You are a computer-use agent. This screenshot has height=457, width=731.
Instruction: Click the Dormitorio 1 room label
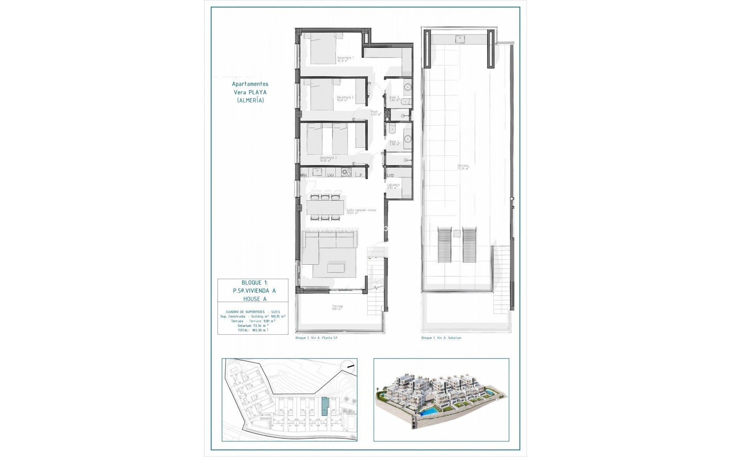pyautogui.click(x=345, y=59)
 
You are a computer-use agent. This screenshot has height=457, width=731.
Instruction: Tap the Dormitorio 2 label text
pyautogui.click(x=345, y=99)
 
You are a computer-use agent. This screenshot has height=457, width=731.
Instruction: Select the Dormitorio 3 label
pyautogui.click(x=328, y=159)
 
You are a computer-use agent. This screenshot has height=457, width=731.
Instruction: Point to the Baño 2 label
pyautogui.click(x=394, y=99)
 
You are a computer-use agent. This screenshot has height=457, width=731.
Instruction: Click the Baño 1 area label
pyautogui.click(x=394, y=143)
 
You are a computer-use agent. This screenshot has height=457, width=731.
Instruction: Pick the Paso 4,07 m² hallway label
pyautogui.click(x=376, y=113)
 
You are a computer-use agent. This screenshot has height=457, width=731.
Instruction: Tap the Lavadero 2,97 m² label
pyautogui.click(x=393, y=186)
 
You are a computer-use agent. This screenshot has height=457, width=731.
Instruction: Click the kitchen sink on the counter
pyautogui.click(x=317, y=172)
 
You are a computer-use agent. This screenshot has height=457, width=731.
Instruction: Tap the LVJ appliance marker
pyautogui.click(x=330, y=176)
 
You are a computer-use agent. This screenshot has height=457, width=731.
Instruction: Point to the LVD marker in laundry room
pyautogui.click(x=390, y=176)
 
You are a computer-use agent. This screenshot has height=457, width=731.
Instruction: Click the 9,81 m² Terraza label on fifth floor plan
pyautogui.click(x=337, y=307)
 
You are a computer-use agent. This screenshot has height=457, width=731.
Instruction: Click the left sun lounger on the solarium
pyautogui.click(x=444, y=244)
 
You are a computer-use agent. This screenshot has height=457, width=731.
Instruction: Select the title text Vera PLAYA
pyautogui.click(x=250, y=92)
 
